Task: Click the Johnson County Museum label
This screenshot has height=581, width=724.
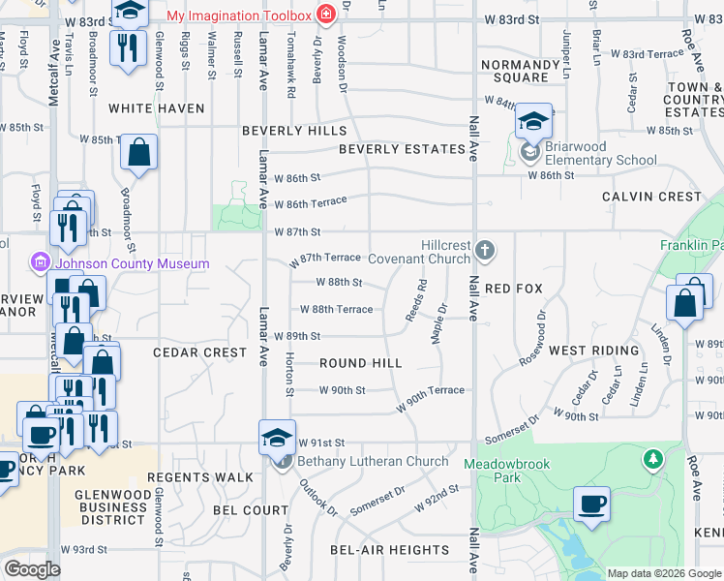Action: click(x=133, y=263)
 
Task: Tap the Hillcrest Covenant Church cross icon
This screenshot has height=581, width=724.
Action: click(x=485, y=252)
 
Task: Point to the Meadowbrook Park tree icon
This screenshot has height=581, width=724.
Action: click(x=654, y=457)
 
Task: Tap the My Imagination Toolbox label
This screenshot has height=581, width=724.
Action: click(x=239, y=16)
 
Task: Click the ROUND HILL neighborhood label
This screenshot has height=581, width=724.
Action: click(x=360, y=363)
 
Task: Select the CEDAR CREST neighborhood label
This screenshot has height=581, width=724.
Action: click(x=199, y=352)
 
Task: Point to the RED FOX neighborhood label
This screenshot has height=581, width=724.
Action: click(x=514, y=289)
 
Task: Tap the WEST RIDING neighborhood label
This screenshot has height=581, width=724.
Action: click(x=593, y=351)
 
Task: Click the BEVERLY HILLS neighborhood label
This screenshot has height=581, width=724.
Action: click(x=294, y=131)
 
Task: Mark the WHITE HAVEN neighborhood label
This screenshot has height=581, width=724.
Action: click(x=157, y=108)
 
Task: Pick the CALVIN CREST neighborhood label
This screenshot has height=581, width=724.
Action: click(x=651, y=197)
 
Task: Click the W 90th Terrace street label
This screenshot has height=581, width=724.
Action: click(x=430, y=397)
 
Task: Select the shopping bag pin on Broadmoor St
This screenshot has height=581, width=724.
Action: click(x=139, y=154)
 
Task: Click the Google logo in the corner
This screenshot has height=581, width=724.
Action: click(x=32, y=569)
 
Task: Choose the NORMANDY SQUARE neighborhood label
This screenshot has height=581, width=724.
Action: click(x=521, y=71)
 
